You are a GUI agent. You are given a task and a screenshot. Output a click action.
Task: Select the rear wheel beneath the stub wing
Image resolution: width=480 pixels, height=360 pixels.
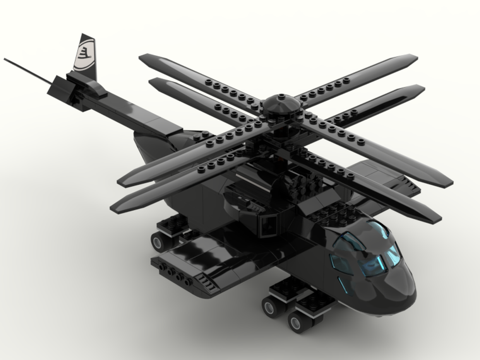point(160,240)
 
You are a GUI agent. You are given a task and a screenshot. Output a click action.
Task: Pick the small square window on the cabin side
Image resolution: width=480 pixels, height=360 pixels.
point(268,225)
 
